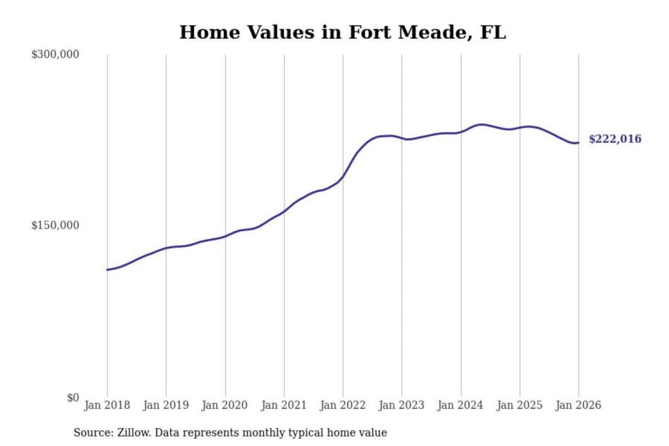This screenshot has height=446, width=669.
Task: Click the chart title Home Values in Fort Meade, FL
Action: [342, 33]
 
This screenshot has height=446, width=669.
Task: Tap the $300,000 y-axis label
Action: [55, 54]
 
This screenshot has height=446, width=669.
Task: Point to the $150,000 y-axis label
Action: [55, 225]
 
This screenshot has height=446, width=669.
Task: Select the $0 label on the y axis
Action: [73, 398]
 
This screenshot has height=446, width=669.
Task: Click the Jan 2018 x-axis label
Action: [107, 405]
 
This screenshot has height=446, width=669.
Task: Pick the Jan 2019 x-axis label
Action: [166, 405]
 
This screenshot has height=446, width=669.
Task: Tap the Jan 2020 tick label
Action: [225, 405]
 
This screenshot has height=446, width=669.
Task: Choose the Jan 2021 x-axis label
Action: [284, 405]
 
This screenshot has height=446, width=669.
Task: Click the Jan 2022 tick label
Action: [343, 405]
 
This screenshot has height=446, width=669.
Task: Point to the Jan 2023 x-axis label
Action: [401, 405]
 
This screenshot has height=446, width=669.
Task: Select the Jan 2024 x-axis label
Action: [460, 405]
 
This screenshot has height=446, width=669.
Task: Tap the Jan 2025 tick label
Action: [519, 405]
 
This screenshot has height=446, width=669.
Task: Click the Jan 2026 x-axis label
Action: [578, 405]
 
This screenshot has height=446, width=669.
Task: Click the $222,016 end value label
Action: [615, 139]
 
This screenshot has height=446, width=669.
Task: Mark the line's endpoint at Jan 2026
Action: [578, 143]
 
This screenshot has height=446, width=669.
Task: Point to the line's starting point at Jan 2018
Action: [107, 269]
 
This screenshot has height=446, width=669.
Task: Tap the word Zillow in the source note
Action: [133, 433]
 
